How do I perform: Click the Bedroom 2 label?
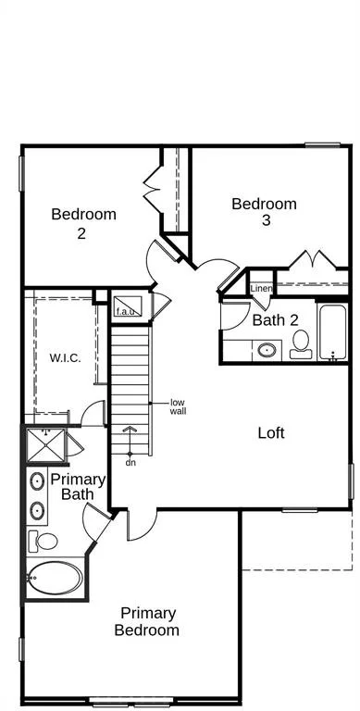(83, 223)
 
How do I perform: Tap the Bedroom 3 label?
(265, 211)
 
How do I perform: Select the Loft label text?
(271, 433)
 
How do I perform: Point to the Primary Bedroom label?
(147, 622)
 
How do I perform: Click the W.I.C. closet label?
(66, 357)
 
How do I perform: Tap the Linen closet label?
(262, 289)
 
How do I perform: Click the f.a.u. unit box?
(128, 306)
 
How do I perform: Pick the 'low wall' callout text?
(179, 407)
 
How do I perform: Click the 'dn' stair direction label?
(131, 463)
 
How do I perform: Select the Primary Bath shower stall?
(45, 444)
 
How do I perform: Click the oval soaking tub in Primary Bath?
(55, 578)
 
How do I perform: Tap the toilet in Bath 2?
(301, 344)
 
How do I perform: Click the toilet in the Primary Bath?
(43, 541)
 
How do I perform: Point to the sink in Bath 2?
(267, 350)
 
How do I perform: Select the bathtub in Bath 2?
(333, 332)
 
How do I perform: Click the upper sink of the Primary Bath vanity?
(37, 480)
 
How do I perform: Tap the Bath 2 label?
(275, 320)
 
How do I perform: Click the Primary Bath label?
(78, 487)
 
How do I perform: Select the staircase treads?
(130, 391)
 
